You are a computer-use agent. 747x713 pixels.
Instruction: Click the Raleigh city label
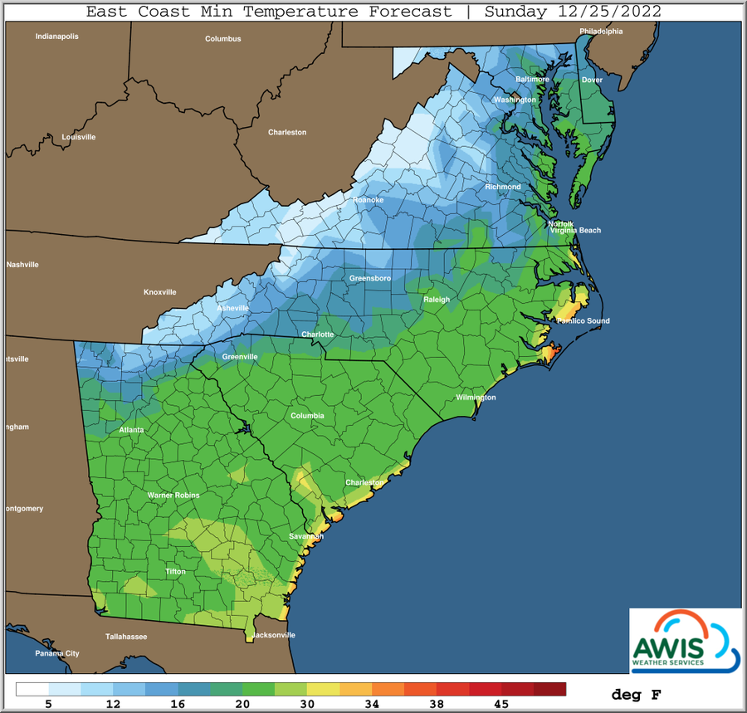436,300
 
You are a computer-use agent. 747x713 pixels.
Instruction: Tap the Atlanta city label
131,430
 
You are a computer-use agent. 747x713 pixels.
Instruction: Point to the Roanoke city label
368,200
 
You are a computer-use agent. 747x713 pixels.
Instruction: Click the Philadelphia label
601,32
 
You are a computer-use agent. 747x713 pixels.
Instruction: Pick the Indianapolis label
56,37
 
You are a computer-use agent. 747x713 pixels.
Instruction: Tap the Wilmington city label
476,398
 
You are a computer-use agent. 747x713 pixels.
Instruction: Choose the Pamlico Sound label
583,320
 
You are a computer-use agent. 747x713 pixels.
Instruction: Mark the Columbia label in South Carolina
307,415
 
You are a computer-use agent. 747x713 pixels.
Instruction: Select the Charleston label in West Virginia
287,132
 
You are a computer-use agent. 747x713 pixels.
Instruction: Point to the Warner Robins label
173,496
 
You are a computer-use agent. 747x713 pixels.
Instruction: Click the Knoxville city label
160,292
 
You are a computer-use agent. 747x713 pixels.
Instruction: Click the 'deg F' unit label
637,694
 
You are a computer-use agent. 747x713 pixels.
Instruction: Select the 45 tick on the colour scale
501,703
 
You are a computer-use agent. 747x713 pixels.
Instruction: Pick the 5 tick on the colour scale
48,703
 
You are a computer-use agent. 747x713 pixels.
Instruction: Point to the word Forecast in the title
403,12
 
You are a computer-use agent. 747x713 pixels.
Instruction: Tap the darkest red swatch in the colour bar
549,689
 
